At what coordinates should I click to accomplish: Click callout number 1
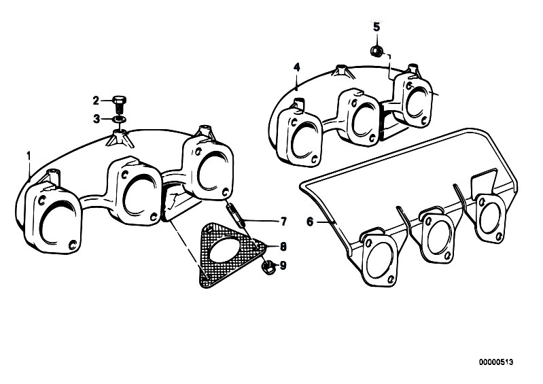tap(29, 156)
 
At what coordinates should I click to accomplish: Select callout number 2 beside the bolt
tap(96, 101)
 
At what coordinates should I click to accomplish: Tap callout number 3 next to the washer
tap(97, 119)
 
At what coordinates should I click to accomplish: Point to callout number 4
tap(296, 67)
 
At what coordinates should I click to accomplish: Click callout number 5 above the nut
tap(376, 27)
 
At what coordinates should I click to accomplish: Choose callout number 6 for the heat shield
tap(310, 222)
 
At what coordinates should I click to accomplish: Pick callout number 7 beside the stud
tap(283, 222)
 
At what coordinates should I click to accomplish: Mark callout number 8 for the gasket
tap(283, 247)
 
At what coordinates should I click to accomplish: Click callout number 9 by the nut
tap(283, 266)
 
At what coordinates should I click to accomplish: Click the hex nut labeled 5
tap(376, 52)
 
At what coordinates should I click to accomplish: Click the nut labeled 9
tap(268, 267)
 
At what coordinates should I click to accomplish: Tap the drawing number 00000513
tap(496, 362)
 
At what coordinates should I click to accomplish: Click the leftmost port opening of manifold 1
tap(56, 224)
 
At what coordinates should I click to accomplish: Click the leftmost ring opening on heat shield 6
tap(379, 258)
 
